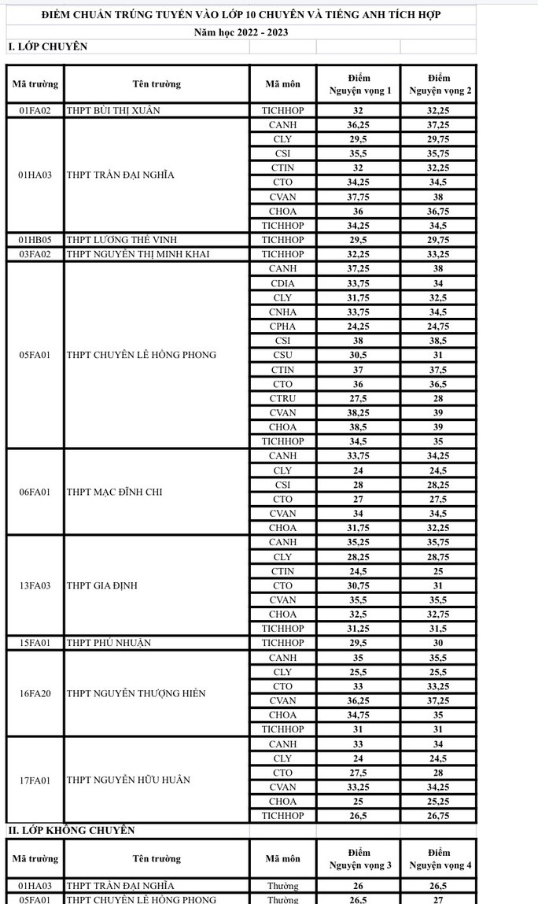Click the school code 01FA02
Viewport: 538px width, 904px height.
click(x=35, y=111)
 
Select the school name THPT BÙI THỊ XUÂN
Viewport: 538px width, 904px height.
click(x=113, y=111)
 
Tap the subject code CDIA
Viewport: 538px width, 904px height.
click(x=282, y=283)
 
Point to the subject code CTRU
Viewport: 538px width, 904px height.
click(x=282, y=398)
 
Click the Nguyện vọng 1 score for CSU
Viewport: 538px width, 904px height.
click(x=358, y=355)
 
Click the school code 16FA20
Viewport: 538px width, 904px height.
click(x=35, y=693)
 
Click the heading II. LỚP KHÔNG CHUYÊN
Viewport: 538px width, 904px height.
click(x=71, y=830)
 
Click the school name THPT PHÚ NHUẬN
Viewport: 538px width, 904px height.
click(x=109, y=643)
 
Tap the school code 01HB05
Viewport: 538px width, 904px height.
click(x=35, y=240)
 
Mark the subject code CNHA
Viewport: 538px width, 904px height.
click(x=282, y=312)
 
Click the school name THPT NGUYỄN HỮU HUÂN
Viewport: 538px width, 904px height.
click(x=129, y=780)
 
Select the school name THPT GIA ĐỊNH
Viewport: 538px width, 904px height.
click(x=104, y=585)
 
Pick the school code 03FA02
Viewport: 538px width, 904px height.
click(x=35, y=254)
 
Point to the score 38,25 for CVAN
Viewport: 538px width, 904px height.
click(x=358, y=412)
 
